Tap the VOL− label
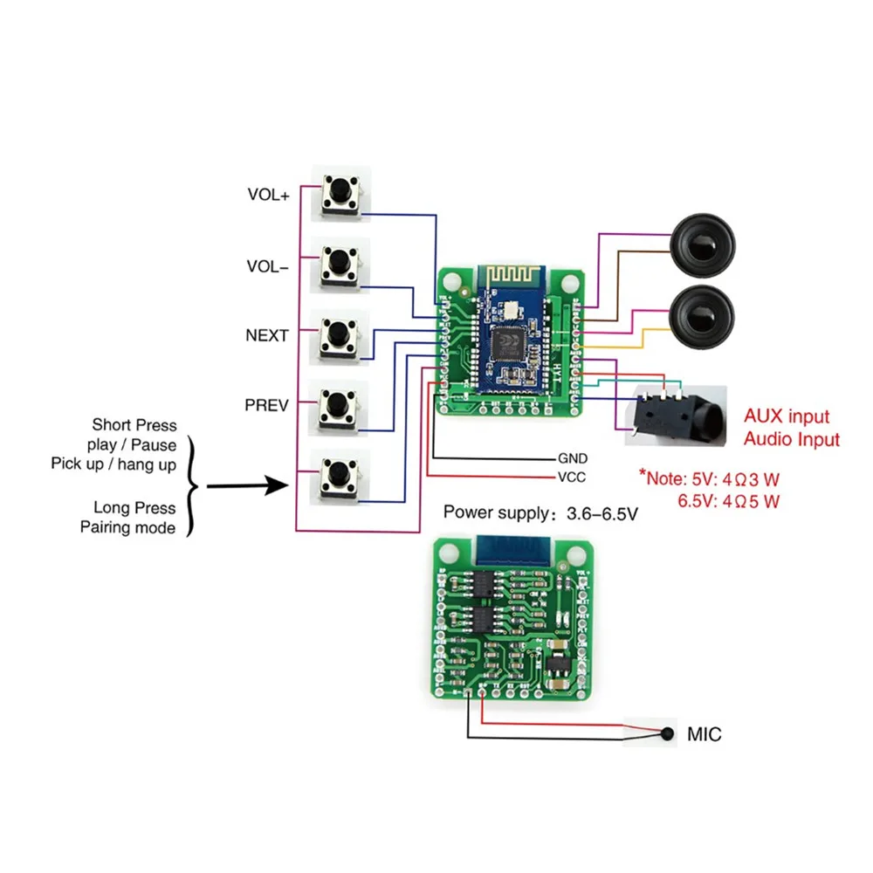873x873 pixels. (x=268, y=267)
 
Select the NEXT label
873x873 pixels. (x=267, y=334)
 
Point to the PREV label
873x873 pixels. (x=266, y=404)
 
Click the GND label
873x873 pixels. (x=573, y=457)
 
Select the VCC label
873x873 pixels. (x=572, y=477)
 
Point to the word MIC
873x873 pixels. (x=704, y=735)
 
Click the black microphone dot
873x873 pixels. (x=668, y=734)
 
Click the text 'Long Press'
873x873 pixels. (x=134, y=508)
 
